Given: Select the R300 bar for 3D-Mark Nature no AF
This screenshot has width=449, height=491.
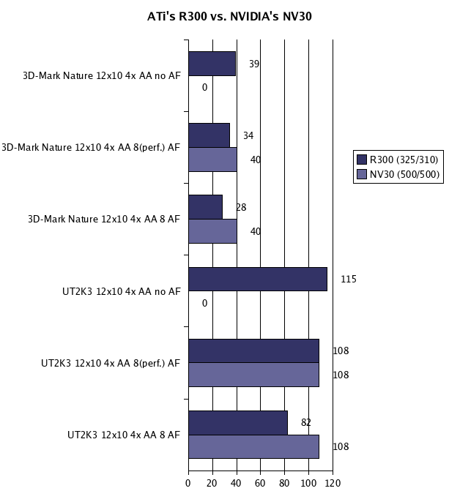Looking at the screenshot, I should point(212,64).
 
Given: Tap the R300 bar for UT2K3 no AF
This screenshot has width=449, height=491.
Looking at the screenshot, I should point(257,279).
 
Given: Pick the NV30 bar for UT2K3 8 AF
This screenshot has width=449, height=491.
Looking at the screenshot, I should point(253,446).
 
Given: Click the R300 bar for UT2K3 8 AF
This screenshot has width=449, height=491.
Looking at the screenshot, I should point(237,422).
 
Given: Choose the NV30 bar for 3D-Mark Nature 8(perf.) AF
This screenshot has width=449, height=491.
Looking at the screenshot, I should point(212,160).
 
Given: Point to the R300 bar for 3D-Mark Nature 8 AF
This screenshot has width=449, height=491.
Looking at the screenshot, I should point(205,207).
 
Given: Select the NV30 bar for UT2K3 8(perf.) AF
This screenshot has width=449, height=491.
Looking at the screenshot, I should point(253,375).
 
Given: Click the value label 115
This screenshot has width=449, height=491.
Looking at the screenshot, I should point(348,279).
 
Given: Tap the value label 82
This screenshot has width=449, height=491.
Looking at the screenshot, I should point(306,422).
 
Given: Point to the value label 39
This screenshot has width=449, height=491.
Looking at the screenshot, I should point(254,64).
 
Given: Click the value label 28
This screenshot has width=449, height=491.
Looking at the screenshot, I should point(241,207).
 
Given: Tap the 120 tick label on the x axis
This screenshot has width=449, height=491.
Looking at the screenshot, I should point(333,483).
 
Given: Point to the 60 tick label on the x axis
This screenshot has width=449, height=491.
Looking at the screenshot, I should point(261,483).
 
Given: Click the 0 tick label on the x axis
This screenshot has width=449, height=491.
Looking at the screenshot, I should point(188,483).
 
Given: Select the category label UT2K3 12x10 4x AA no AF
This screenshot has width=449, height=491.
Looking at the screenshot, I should point(121,291).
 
